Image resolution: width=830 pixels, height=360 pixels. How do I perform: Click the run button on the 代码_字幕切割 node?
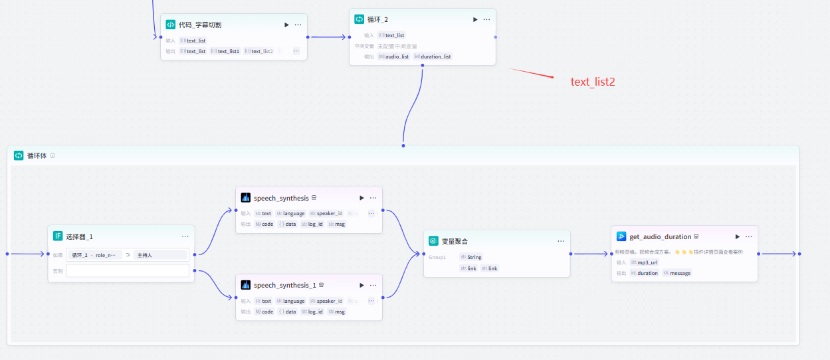pos(286,25)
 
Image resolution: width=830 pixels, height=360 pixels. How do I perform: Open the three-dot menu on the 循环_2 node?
pos(486,19)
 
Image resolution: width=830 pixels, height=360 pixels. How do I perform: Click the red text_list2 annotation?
pos(593,82)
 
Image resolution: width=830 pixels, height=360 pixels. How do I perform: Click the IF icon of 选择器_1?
pos(58,236)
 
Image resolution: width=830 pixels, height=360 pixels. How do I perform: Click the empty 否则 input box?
pos(128,271)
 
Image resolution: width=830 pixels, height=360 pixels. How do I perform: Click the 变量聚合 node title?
pos(455,241)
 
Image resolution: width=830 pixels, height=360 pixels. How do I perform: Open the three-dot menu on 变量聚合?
pos(561,241)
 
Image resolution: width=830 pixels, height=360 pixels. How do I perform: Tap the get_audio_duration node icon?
pos(621,236)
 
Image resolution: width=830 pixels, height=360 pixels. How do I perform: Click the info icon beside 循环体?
pos(52,155)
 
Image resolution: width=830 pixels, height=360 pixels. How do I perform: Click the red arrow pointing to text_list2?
pos(532,73)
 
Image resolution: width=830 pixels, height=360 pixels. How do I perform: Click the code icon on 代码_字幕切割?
pos(171,25)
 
